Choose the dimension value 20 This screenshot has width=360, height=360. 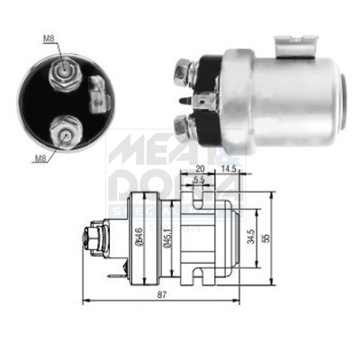pyautogui.click(x=199, y=167)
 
